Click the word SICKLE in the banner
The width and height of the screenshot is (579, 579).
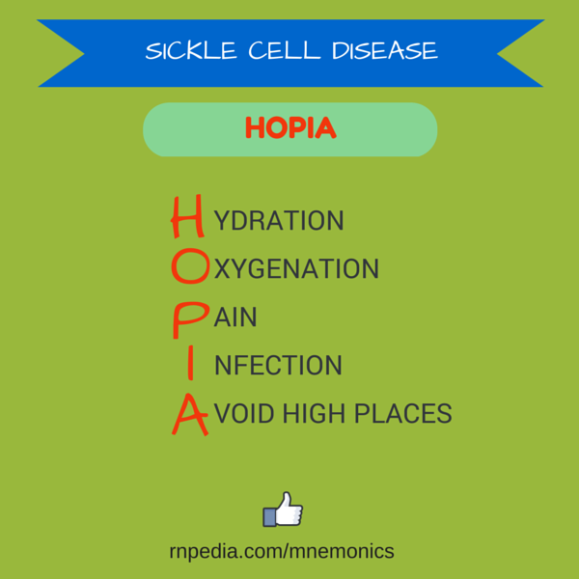(190, 50)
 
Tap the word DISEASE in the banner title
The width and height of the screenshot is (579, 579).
(385, 50)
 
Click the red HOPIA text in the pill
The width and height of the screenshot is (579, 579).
(290, 127)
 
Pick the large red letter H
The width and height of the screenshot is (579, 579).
(187, 216)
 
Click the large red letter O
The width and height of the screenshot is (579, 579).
(190, 266)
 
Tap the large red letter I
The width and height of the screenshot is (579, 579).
(190, 363)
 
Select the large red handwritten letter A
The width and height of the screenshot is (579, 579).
(190, 415)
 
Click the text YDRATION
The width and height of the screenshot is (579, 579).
(279, 221)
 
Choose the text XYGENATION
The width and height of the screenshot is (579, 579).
(296, 268)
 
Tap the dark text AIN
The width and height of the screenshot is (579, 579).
(235, 317)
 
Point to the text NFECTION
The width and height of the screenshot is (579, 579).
(279, 365)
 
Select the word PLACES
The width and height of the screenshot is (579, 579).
(403, 413)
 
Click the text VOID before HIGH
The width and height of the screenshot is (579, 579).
(244, 413)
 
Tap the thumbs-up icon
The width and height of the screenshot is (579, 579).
(283, 510)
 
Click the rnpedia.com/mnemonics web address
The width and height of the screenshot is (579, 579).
(282, 551)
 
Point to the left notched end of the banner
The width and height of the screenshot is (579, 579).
(61, 53)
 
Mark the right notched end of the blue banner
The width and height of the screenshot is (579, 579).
(521, 53)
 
